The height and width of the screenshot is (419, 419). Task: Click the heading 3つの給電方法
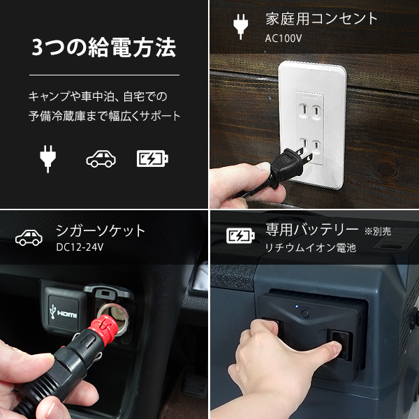click(x=104, y=48)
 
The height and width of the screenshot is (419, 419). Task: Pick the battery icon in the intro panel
click(x=152, y=159)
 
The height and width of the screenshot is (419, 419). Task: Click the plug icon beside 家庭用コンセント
click(x=239, y=26)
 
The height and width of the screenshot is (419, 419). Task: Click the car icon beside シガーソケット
click(x=29, y=237)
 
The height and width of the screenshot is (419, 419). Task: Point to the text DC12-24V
click(x=79, y=248)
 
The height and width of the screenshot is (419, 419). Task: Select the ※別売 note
click(x=378, y=230)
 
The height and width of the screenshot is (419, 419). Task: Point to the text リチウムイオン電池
click(x=310, y=248)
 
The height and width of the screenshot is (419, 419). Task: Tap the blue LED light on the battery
click(x=296, y=307)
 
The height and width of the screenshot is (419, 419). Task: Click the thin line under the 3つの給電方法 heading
click(x=104, y=75)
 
